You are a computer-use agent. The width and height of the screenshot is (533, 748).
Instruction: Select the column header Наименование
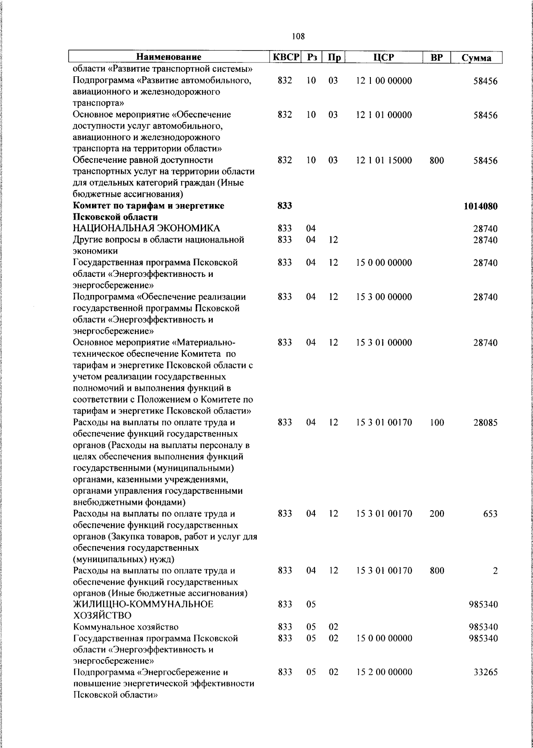(x=168, y=57)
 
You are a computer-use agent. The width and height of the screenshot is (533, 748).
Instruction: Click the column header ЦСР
(x=384, y=57)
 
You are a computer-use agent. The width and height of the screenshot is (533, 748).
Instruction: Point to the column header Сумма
(x=476, y=58)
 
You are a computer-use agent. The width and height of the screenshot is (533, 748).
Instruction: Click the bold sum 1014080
(x=481, y=206)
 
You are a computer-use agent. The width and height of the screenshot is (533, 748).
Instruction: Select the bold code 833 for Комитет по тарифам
(x=285, y=206)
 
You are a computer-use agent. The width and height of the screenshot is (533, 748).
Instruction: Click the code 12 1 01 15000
(x=384, y=160)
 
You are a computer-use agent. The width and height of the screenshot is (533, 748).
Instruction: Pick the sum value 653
(x=490, y=514)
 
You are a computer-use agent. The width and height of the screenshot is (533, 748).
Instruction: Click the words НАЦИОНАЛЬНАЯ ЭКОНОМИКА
(x=146, y=228)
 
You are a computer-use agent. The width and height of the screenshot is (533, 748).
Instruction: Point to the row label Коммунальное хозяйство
(x=126, y=627)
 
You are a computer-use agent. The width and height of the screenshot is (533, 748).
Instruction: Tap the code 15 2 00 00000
(x=384, y=685)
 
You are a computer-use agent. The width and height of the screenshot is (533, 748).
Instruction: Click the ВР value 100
(x=437, y=423)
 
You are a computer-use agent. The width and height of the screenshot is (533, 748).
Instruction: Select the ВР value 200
(x=437, y=514)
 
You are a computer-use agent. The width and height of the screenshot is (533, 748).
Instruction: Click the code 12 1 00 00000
(x=384, y=81)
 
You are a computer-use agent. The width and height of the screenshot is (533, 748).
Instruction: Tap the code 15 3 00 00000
(x=384, y=297)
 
